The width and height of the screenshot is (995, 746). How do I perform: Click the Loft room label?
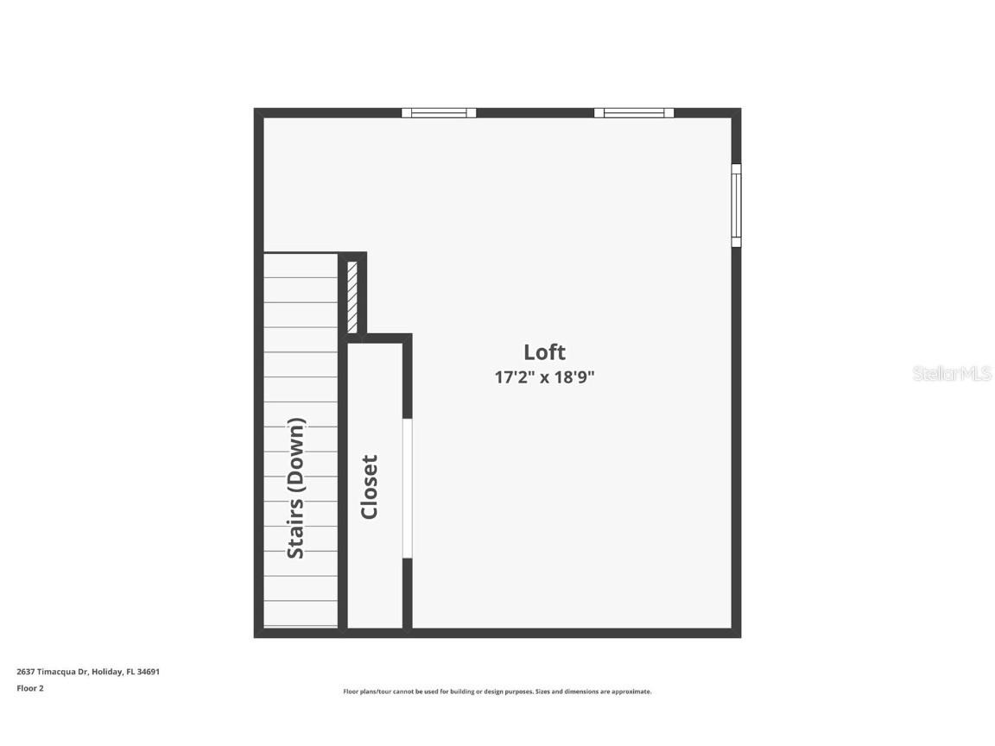(544, 352)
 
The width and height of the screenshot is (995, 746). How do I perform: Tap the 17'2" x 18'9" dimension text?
(544, 377)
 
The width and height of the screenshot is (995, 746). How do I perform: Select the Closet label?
(370, 487)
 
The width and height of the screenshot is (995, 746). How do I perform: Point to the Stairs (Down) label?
(296, 488)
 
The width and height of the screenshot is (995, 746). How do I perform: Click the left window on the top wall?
(439, 112)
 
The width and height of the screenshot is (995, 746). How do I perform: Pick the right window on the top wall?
(633, 112)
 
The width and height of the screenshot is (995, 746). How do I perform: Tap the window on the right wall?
(736, 205)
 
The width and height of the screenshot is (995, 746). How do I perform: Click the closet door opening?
(408, 488)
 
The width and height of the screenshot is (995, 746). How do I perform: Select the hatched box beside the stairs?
(352, 296)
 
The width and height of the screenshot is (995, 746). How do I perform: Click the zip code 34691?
(149, 671)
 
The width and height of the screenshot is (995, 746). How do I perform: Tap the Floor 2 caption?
(30, 688)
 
